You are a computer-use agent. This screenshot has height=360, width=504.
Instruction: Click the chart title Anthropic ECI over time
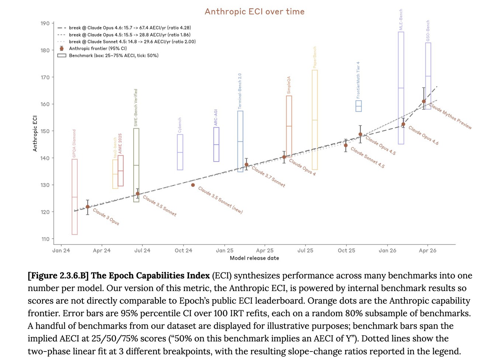(x=255, y=12)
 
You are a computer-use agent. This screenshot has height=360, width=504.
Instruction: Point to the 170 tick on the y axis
(x=45, y=77)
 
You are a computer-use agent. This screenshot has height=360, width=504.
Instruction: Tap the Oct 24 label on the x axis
(x=183, y=250)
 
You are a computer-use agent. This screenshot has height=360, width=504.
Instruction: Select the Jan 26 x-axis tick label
(x=387, y=250)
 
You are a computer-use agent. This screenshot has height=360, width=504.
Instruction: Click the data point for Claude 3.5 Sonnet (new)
(x=193, y=185)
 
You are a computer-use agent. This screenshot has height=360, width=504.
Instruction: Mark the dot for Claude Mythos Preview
(x=424, y=101)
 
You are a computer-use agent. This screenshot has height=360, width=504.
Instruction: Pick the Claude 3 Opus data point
(x=87, y=207)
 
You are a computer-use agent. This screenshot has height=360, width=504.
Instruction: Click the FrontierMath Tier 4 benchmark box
(x=359, y=106)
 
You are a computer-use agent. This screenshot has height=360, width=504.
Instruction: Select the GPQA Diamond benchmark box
(x=75, y=197)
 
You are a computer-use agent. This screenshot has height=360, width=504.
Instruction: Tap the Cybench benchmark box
(x=180, y=152)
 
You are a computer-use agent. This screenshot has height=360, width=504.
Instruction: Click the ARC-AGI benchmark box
(x=216, y=144)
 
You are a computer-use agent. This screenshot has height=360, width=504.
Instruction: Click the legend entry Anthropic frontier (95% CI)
(x=98, y=48)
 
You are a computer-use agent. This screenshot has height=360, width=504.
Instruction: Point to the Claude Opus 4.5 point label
(x=381, y=145)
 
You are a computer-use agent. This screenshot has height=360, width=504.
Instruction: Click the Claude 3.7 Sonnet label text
(x=268, y=176)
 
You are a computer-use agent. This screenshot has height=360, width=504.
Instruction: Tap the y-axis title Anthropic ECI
(x=35, y=133)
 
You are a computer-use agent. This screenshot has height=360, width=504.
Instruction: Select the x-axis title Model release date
(x=254, y=258)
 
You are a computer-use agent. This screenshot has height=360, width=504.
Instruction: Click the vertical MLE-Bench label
(x=401, y=20)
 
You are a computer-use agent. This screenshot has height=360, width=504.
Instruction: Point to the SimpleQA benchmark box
(x=289, y=126)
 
